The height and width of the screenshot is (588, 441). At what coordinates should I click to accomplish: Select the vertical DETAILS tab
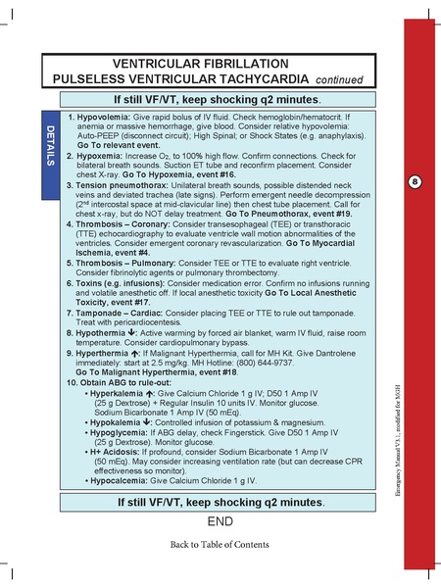coord(49,146)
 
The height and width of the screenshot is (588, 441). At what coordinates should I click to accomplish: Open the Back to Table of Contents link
coord(219,543)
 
